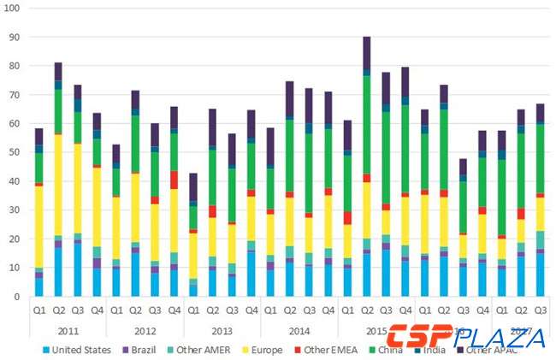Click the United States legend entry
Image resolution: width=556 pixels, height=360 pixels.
click(x=79, y=350)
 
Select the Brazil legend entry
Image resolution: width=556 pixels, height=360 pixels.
click(x=151, y=350)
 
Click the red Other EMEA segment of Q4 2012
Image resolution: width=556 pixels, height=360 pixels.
click(x=174, y=180)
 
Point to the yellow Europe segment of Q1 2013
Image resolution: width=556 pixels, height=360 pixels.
click(x=193, y=255)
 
